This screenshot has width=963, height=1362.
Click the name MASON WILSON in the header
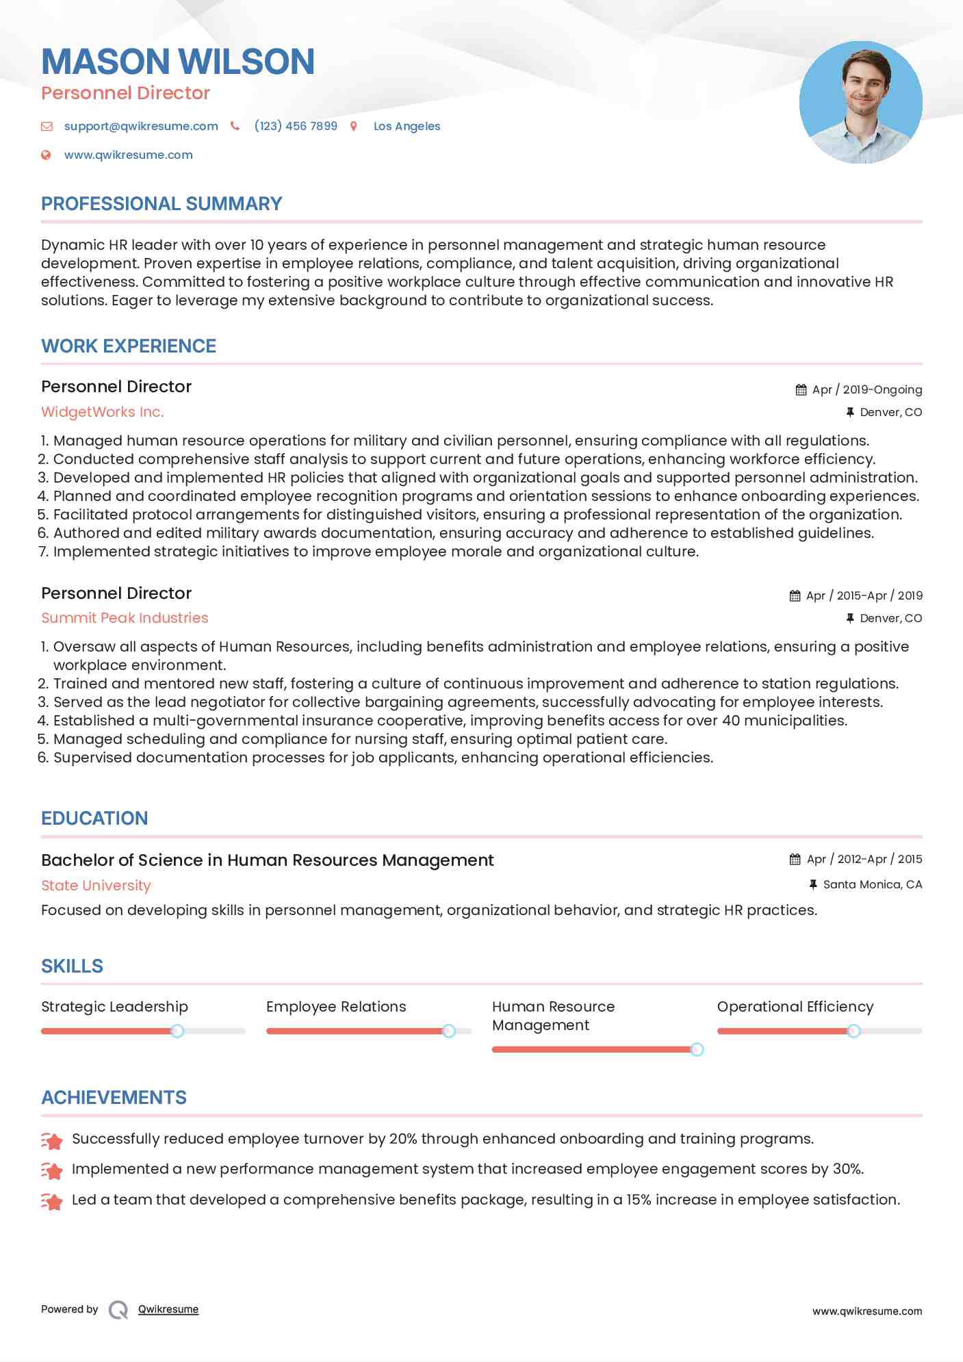pos(178,62)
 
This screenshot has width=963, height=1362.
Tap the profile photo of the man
pos(860,103)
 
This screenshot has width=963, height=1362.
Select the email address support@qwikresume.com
pos(141,126)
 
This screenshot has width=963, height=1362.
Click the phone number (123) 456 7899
pos(296,126)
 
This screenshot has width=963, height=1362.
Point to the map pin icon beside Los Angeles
pos(354,126)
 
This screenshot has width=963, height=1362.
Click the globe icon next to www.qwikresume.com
pos(46,155)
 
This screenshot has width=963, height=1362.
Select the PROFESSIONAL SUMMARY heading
pos(162,204)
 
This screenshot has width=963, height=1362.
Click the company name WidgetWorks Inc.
pos(103,412)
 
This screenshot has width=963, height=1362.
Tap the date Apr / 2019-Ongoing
pos(866,389)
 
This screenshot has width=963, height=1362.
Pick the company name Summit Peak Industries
pos(125,618)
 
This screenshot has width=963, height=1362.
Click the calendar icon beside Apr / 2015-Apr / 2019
pos(795,595)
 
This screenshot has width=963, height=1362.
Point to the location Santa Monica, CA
pos(872,884)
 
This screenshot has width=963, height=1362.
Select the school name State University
pos(96,886)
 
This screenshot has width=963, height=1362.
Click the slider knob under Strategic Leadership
pos(177,1031)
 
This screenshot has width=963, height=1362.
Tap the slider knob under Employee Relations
pos(449,1031)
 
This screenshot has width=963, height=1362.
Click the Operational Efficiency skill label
pos(795,1007)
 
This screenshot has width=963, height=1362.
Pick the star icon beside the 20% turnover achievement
pos(52,1140)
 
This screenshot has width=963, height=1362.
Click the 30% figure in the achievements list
pos(847,1169)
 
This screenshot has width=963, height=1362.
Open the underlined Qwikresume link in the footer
pos(168,1309)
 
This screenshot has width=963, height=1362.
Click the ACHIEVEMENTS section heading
pos(114,1098)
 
